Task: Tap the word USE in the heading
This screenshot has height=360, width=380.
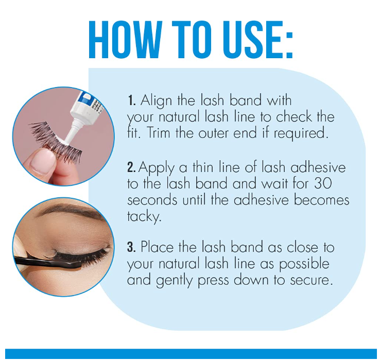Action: pos(247,40)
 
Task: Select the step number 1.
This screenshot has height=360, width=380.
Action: pos(132,100)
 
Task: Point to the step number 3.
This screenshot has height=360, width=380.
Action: pos(131,247)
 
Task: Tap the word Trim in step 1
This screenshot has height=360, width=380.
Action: pos(159,133)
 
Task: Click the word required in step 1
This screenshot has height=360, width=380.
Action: pos(301,134)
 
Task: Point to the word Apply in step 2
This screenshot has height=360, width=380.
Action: pos(157,168)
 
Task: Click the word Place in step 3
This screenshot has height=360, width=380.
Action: pos(157,247)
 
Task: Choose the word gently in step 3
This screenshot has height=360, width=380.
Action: pos(174,281)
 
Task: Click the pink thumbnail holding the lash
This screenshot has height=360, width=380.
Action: pos(43,161)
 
